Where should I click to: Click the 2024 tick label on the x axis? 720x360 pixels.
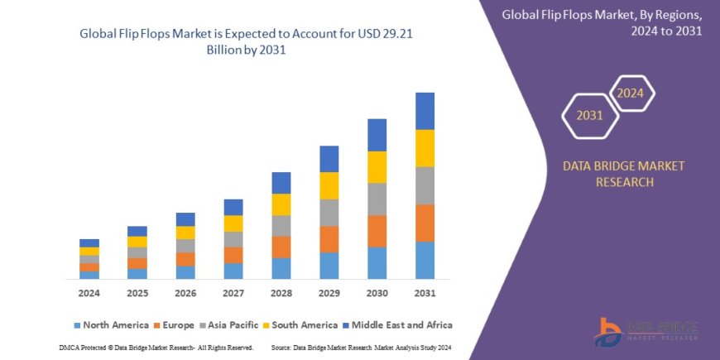pos(89,293)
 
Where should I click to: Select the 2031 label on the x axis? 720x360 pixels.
pos(425,293)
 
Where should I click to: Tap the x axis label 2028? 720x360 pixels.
pos(281,293)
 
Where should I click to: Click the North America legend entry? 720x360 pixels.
pos(111,325)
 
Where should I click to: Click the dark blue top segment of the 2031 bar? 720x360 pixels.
pos(425,111)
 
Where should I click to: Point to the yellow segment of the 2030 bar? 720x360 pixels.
pos(377,167)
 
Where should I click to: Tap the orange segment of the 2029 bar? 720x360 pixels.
pos(329,239)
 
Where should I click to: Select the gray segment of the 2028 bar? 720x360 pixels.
pos(281,226)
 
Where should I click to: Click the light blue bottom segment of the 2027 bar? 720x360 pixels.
pos(233,271)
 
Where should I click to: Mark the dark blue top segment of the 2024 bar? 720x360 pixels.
pos(89,243)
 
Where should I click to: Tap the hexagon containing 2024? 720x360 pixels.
pos(631,93)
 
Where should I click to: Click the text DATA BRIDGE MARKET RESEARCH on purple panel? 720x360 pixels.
pos(624,174)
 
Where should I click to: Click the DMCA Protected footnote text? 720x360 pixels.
pos(158,347)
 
